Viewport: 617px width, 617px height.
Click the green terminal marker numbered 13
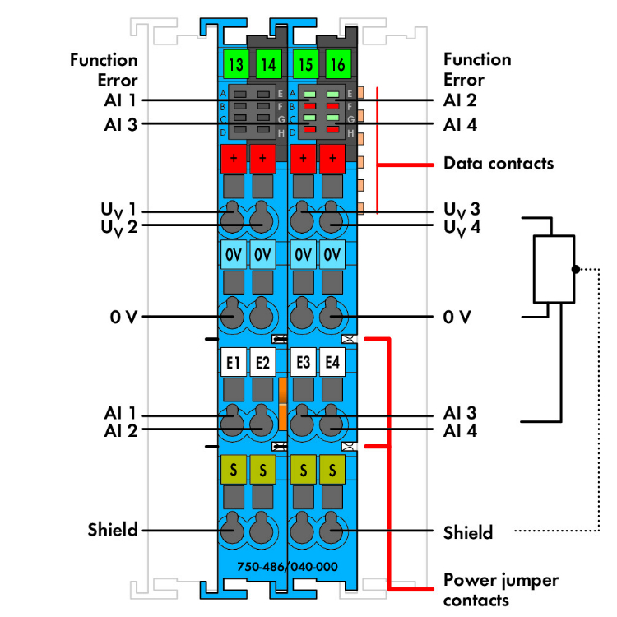pyautogui.click(x=234, y=63)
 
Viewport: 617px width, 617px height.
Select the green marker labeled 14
pyautogui.click(x=267, y=63)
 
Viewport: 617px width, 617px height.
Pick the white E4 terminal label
pyautogui.click(x=332, y=363)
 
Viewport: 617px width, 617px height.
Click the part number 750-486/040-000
pyautogui.click(x=287, y=567)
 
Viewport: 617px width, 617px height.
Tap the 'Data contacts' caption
pyautogui.click(x=499, y=163)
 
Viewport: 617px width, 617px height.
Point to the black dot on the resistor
pyautogui.click(x=575, y=268)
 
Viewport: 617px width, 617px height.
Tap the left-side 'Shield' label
pyautogui.click(x=113, y=529)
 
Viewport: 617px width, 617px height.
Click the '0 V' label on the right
pyautogui.click(x=458, y=316)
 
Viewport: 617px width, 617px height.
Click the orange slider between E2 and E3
pyautogui.click(x=282, y=404)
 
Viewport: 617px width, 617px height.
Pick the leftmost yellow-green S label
pyautogui.click(x=234, y=470)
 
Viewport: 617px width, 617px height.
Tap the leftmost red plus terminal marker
pyautogui.click(x=234, y=157)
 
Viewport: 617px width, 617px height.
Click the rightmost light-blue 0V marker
pyautogui.click(x=332, y=255)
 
